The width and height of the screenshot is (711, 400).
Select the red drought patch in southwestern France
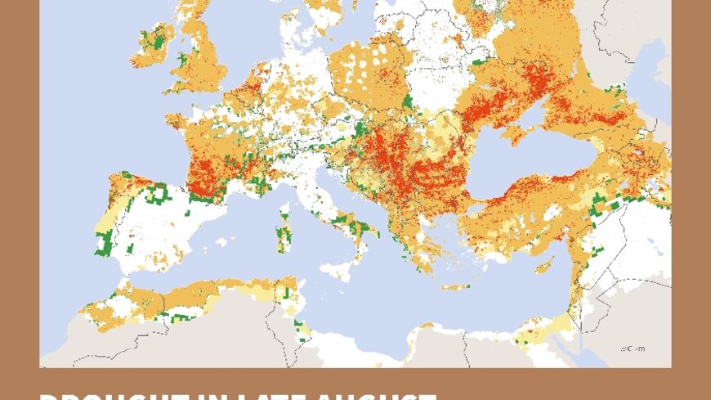[x=204, y=176]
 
